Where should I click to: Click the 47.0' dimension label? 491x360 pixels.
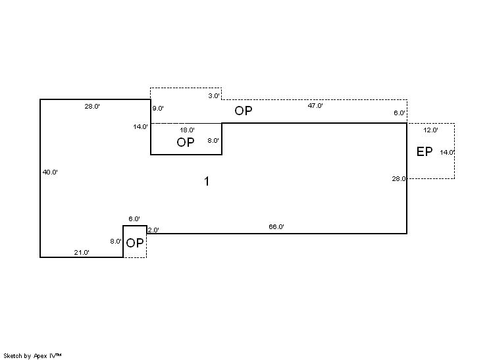[315, 105]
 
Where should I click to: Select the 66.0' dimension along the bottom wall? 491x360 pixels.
[276, 226]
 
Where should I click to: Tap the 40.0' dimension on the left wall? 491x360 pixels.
[50, 172]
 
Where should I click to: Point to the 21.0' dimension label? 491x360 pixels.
[82, 252]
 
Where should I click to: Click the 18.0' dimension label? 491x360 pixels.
[188, 130]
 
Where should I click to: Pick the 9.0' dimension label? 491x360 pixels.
[158, 109]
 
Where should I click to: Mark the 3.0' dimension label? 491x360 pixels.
[214, 96]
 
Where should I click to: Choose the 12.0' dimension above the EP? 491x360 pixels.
[431, 130]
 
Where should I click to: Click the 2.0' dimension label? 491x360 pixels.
[153, 230]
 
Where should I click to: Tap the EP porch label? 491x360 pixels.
[425, 152]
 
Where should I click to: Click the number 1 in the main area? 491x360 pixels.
[207, 181]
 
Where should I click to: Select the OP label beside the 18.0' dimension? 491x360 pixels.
[186, 142]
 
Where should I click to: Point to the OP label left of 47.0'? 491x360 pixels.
[244, 111]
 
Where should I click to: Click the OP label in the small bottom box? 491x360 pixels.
[135, 244]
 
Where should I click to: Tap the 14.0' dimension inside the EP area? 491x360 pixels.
[447, 153]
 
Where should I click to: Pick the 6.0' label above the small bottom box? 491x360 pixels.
[134, 219]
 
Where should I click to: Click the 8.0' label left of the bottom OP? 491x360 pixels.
[116, 242]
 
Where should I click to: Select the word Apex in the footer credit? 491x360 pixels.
[40, 356]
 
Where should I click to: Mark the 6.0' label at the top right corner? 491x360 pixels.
[400, 113]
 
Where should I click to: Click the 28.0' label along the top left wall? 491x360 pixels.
[92, 106]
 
